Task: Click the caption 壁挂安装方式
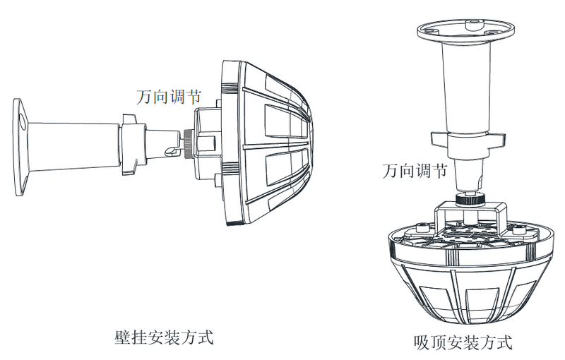163,335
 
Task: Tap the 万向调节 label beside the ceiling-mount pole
413,171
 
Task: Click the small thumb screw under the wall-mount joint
169,151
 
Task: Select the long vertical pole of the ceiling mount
465,85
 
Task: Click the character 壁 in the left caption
121,335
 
